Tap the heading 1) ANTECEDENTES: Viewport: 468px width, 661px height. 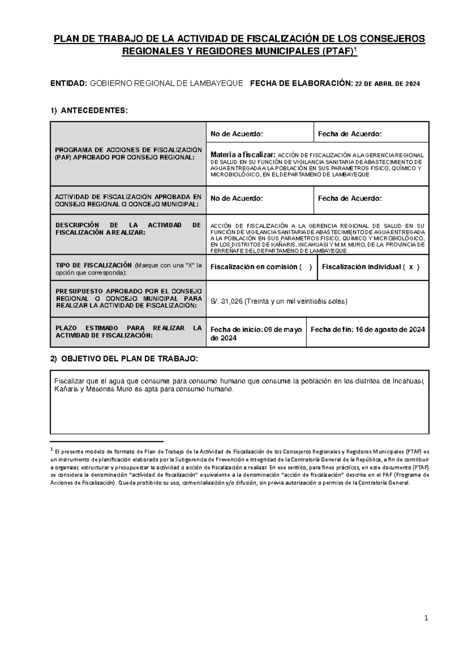(x=89, y=111)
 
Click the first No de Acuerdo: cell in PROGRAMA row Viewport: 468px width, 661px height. (x=237, y=134)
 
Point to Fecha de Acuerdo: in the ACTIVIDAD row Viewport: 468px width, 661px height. (x=350, y=198)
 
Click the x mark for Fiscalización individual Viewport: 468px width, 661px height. (x=411, y=267)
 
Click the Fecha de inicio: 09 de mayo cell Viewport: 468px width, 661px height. (x=256, y=334)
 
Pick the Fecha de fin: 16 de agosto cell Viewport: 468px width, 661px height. (x=367, y=330)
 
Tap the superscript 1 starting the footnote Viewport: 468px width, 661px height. (x=52, y=450)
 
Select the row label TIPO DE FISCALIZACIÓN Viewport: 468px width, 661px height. (x=91, y=266)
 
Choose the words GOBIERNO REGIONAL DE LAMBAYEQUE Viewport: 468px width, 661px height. (x=167, y=83)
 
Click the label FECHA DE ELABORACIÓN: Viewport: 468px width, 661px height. (x=301, y=83)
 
